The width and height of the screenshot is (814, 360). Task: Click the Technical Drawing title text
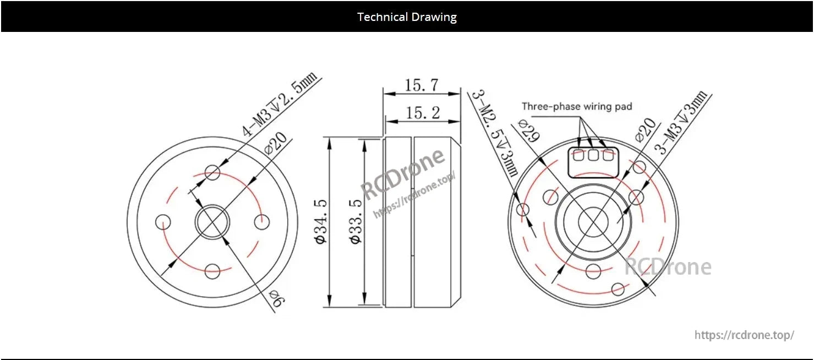(407, 17)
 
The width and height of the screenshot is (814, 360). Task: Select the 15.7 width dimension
(422, 85)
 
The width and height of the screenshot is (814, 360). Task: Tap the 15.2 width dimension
(422, 113)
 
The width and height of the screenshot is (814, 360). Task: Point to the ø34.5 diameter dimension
(321, 222)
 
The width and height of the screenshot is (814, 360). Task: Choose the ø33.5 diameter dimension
(356, 222)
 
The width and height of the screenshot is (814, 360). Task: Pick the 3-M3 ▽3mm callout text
(682, 124)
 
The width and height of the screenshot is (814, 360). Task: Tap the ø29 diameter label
(527, 130)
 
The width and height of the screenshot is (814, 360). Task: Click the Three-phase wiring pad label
(577, 106)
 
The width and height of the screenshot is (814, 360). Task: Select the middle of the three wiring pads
(593, 156)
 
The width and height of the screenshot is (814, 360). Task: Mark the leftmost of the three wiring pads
(578, 156)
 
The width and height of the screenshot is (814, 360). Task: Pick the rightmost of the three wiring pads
(608, 156)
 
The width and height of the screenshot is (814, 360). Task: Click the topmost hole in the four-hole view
(212, 173)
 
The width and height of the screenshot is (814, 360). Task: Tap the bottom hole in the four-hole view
(212, 270)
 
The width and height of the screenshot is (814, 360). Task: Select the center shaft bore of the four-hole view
(212, 222)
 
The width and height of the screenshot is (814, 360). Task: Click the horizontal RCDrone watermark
(668, 268)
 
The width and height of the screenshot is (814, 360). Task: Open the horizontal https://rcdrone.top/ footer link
(744, 335)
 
